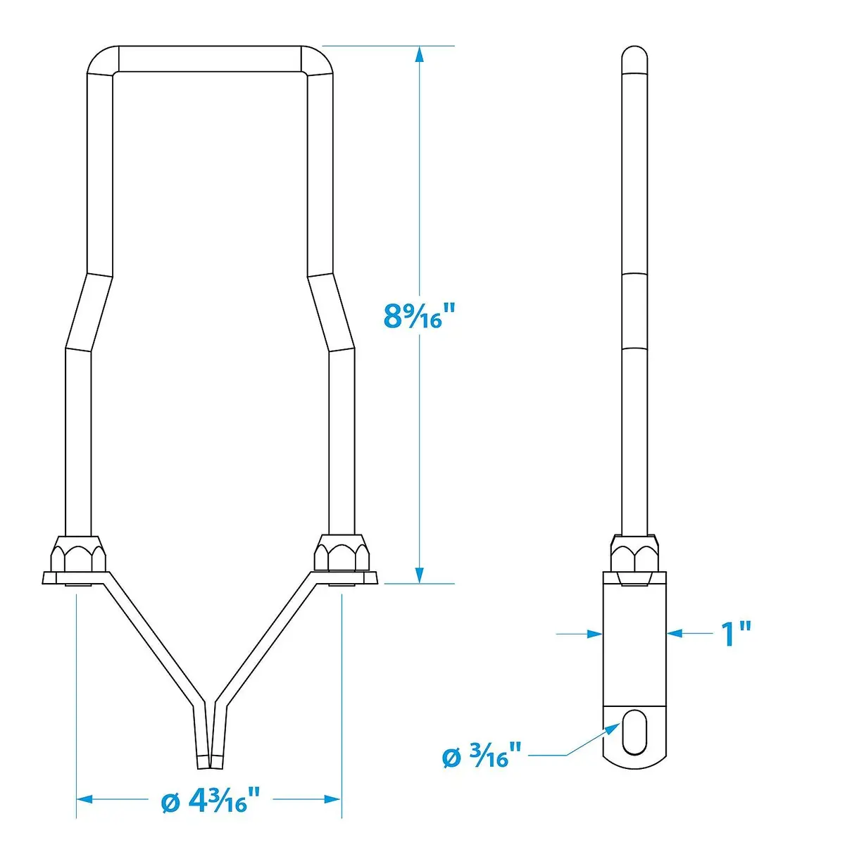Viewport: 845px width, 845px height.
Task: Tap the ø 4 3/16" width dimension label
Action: pos(211,800)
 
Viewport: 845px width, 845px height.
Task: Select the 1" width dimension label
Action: pos(737,634)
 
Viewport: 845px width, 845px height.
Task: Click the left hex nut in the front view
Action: pos(78,555)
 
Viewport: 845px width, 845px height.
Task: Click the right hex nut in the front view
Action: pos(342,554)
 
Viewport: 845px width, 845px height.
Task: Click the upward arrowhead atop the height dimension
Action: pos(420,57)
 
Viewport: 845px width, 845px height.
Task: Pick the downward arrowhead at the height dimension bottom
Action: pos(420,572)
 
